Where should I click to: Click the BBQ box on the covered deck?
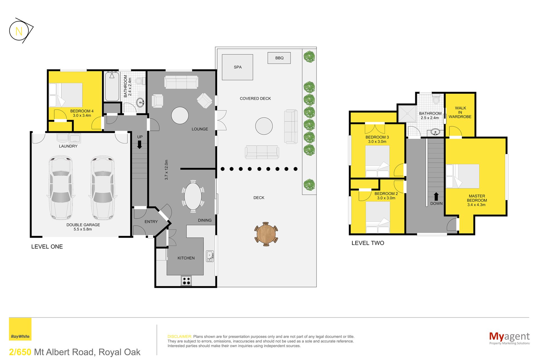[279, 58]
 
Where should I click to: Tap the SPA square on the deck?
[237, 67]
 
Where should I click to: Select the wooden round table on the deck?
[266, 234]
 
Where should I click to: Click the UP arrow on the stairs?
[139, 145]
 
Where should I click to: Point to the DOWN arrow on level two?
[436, 197]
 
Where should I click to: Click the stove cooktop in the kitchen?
[186, 280]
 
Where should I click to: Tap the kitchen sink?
[210, 256]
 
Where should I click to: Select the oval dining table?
[193, 196]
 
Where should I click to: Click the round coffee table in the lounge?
[180, 116]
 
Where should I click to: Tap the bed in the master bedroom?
[462, 176]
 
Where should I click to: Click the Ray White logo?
[20, 329]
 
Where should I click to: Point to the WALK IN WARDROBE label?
[460, 112]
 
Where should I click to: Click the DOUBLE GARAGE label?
[83, 225]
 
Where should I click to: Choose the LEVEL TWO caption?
[368, 243]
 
